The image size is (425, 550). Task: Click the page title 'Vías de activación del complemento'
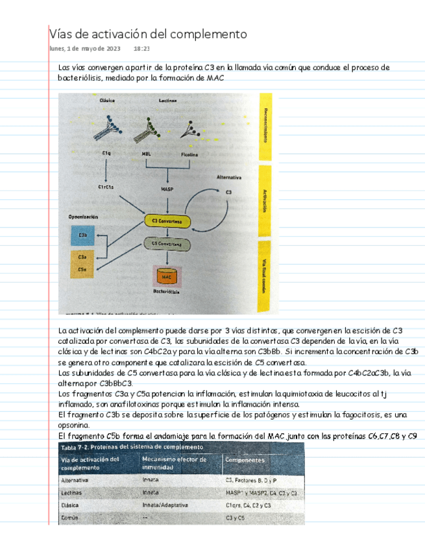[149, 33]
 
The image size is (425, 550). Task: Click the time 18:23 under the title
[141, 49]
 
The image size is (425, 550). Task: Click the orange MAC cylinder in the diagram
[165, 276]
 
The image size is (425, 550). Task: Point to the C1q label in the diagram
[106, 153]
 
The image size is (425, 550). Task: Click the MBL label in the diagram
[146, 154]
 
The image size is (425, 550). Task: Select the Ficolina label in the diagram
[190, 154]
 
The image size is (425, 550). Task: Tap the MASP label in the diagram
[167, 189]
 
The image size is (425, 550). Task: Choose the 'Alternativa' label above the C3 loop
[229, 176]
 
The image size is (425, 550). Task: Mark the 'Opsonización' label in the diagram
[83, 216]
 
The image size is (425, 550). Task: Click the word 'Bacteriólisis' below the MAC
[166, 293]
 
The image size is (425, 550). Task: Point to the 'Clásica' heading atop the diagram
[108, 101]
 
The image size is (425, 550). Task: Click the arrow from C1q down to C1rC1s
[106, 170]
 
